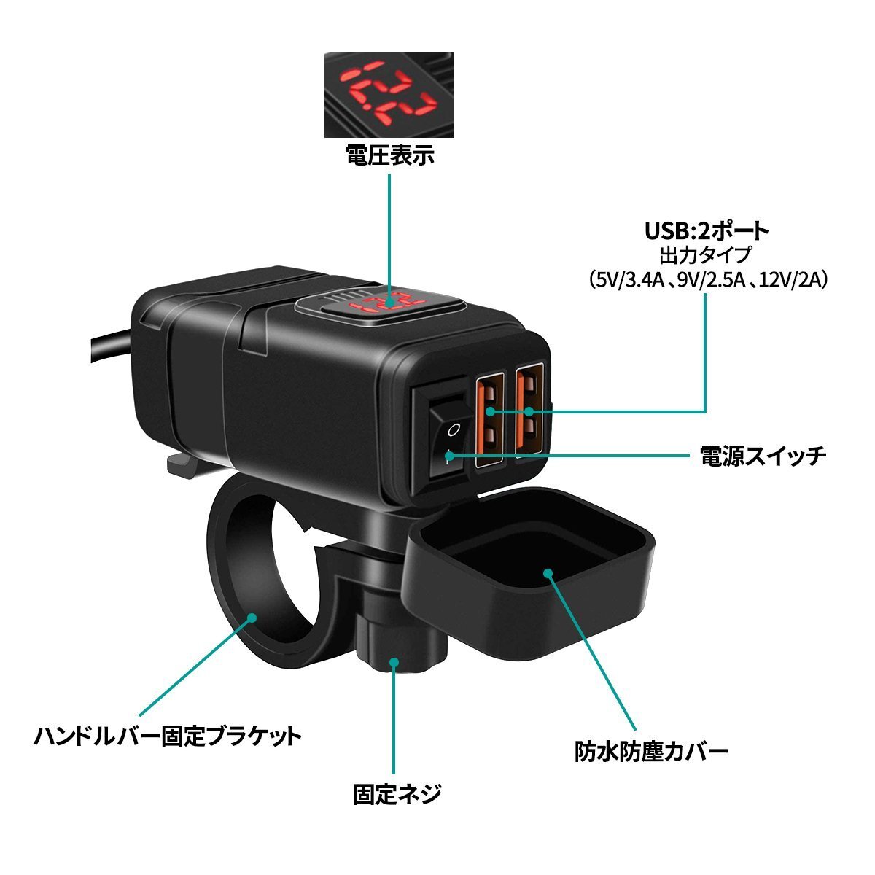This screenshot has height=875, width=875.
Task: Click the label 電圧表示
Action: click(389, 155)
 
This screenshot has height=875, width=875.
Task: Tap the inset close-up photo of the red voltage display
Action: click(389, 95)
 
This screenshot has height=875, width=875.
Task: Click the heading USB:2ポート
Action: click(707, 231)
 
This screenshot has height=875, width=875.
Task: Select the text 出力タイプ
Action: click(705, 255)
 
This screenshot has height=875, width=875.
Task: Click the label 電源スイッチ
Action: click(763, 456)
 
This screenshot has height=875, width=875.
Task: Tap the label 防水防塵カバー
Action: click(651, 752)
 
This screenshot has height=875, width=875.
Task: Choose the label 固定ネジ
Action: click(397, 794)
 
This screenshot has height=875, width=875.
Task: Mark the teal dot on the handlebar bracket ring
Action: click(252, 618)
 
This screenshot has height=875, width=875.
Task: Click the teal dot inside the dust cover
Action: click(548, 572)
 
